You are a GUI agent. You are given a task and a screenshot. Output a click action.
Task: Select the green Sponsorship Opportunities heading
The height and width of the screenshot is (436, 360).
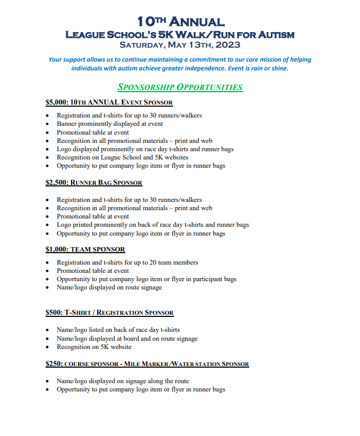pyautogui.click(x=180, y=87)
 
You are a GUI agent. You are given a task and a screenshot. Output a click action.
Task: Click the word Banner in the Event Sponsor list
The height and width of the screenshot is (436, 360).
pyautogui.click(x=67, y=124)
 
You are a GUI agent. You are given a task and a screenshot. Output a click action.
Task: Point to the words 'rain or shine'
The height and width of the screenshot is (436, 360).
pyautogui.click(x=270, y=68)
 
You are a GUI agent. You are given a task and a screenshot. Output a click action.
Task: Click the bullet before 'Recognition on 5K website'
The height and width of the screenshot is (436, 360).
pyautogui.click(x=48, y=347)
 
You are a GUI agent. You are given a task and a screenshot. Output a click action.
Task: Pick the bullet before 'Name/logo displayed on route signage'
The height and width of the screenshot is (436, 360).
pyautogui.click(x=48, y=287)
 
